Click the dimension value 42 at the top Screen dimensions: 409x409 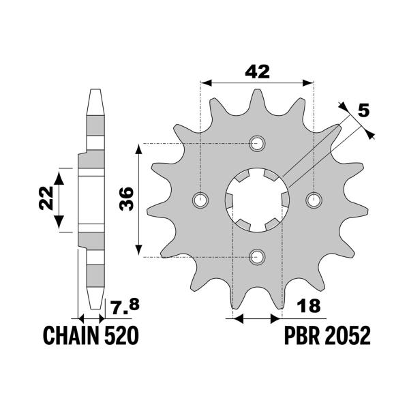[x=256, y=71]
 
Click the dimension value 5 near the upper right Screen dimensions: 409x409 [x=365, y=109]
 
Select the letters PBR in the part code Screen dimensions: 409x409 [x=296, y=336]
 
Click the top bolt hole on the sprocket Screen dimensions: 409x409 [x=257, y=143]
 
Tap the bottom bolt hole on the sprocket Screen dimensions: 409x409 [x=257, y=256]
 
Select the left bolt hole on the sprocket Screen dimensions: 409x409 [x=200, y=200]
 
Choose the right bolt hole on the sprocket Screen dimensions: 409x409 [x=314, y=200]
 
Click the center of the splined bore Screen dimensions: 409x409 [x=257, y=200]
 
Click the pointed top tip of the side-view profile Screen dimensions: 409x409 [x=95, y=91]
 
